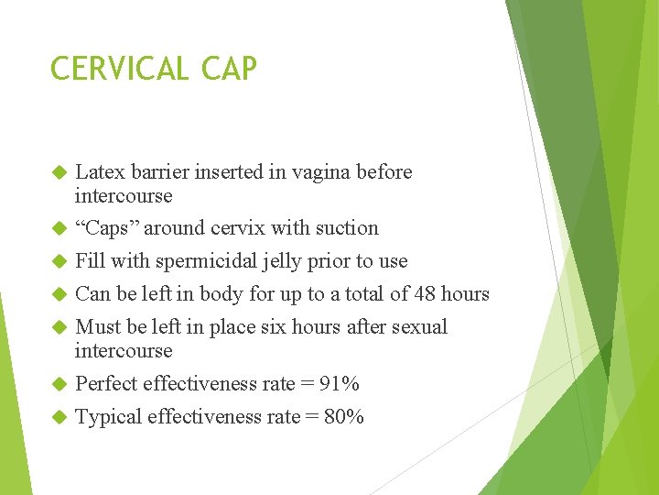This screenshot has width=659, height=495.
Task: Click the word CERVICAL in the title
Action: pyautogui.click(x=119, y=69)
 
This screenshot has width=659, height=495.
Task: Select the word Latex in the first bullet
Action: pyautogui.click(x=99, y=172)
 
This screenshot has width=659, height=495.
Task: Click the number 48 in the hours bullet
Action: pyautogui.click(x=426, y=294)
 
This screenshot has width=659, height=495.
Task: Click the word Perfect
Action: pyautogui.click(x=106, y=384)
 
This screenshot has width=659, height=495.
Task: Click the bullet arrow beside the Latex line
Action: pyautogui.click(x=59, y=173)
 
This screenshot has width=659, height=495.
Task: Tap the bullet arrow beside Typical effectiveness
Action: pyautogui.click(x=59, y=418)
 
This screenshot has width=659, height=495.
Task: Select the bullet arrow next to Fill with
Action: pyautogui.click(x=59, y=262)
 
